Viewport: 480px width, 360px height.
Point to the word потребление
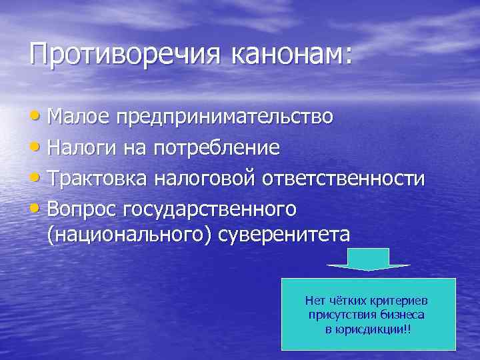click(x=216, y=147)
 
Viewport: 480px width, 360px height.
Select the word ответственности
click(x=343, y=178)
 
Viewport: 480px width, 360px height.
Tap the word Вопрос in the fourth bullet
click(x=83, y=209)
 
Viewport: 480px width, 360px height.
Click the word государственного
click(x=209, y=209)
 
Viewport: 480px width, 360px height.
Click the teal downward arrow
click(x=368, y=259)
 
